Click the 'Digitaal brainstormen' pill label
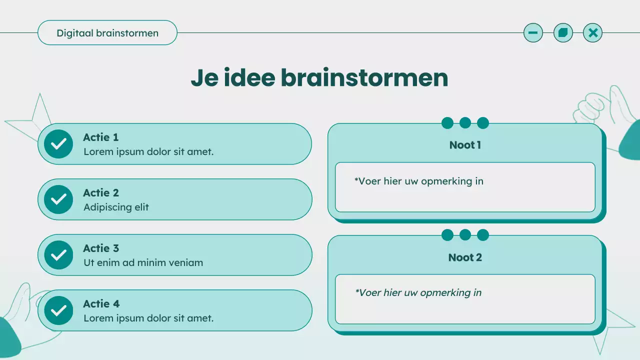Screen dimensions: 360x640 tap(107, 33)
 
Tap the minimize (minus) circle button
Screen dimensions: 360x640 tap(533, 33)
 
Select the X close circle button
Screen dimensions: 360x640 tap(593, 33)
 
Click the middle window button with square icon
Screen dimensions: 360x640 tap(563, 33)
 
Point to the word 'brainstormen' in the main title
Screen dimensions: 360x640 tap(364, 78)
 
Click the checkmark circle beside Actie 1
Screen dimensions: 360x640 tap(58, 144)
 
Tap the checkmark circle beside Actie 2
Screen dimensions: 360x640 tap(58, 199)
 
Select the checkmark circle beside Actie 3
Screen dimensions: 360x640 tap(58, 255)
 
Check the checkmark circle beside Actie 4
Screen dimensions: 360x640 tap(58, 310)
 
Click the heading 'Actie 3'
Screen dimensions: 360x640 tap(101, 248)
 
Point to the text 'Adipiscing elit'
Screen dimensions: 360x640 tap(116, 207)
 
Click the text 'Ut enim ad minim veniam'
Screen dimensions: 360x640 tap(143, 262)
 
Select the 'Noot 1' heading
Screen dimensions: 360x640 tap(465, 145)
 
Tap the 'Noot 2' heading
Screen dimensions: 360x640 tap(465, 257)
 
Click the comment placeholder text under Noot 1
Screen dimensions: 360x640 tap(419, 181)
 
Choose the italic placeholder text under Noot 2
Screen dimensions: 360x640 tap(418, 292)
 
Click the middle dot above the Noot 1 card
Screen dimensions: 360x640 tap(465, 123)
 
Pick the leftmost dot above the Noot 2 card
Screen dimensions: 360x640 tap(447, 235)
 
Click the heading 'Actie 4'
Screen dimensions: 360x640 tap(101, 304)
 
